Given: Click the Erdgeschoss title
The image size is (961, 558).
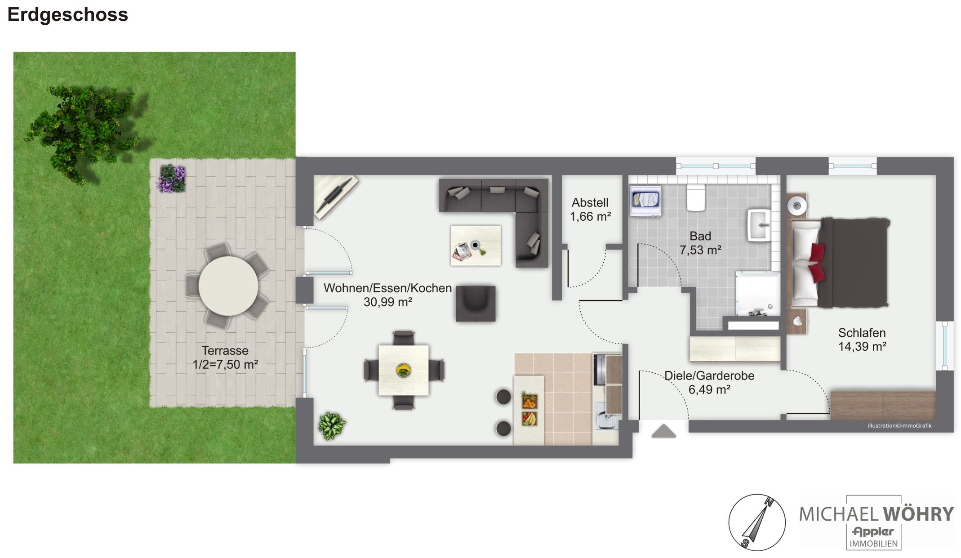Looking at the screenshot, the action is pyautogui.click(x=68, y=15).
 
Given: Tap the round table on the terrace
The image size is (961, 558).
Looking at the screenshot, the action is pyautogui.click(x=228, y=286).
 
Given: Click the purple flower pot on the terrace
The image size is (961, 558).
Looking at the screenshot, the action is pyautogui.click(x=171, y=178).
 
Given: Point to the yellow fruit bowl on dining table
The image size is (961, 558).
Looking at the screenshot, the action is pyautogui.click(x=403, y=370).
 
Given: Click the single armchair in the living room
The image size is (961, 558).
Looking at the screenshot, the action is pyautogui.click(x=476, y=304).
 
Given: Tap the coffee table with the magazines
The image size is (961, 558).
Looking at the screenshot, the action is pyautogui.click(x=476, y=246).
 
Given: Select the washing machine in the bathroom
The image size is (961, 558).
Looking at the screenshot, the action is pyautogui.click(x=645, y=201).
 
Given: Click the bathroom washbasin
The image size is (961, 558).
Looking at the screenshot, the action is pyautogui.click(x=760, y=225).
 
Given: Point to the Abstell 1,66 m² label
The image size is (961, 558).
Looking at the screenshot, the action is pyautogui.click(x=590, y=210).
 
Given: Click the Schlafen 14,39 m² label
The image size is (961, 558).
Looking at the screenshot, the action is pyautogui.click(x=862, y=339).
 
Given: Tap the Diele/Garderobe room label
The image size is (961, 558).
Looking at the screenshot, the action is pyautogui.click(x=709, y=382).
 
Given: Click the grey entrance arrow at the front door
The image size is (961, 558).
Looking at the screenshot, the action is pyautogui.click(x=663, y=431).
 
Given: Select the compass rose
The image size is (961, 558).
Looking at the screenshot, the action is pyautogui.click(x=757, y=522).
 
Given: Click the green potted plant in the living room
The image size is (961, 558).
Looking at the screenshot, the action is pyautogui.click(x=332, y=425).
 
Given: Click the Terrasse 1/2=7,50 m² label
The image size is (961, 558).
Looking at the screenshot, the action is pyautogui.click(x=225, y=357).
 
